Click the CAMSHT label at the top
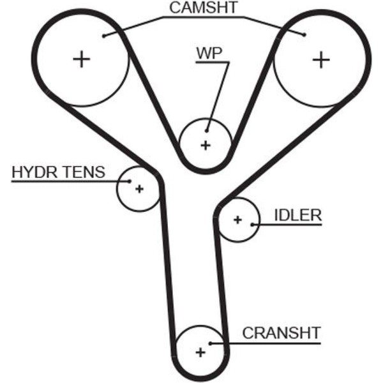tap(204, 8)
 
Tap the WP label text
tap(209, 53)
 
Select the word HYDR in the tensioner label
tap(34, 172)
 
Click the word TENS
tap(84, 172)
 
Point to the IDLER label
tap(298, 215)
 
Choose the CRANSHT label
tap(281, 333)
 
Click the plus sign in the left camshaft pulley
tap(82, 59)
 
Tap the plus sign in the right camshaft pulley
tap(321, 59)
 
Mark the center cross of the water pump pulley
tap(206, 146)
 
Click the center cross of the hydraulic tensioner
tap(139, 189)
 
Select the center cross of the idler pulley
tap(237, 220)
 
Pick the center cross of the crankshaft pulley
tap(200, 352)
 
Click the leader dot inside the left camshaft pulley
tap(104, 36)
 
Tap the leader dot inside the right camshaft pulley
tap(304, 35)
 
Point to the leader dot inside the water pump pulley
tap(207, 131)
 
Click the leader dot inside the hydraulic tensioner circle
tap(130, 181)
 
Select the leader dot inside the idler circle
tap(252, 225)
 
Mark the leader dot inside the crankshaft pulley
tap(210, 343)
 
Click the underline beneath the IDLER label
tap(287, 225)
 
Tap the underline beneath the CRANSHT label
tap(266, 343)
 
